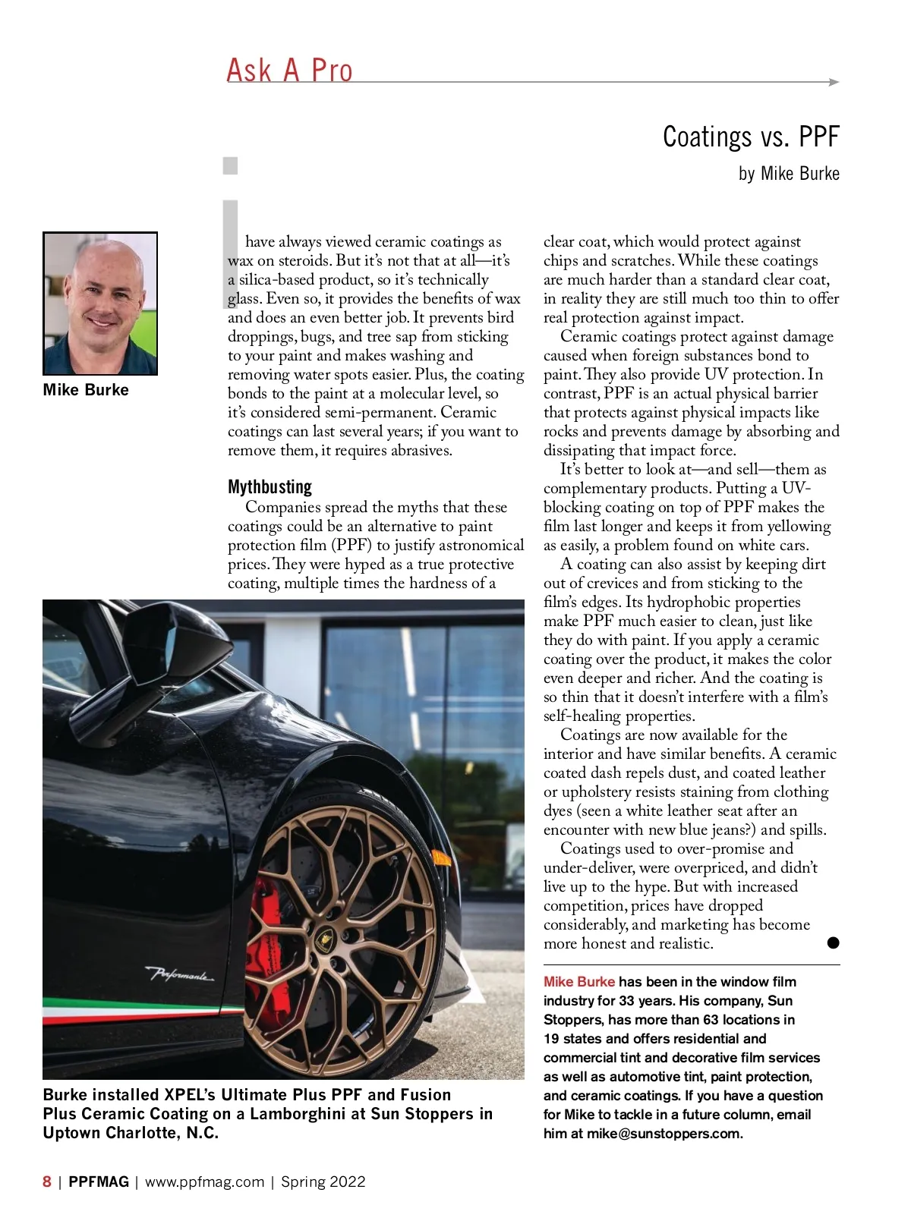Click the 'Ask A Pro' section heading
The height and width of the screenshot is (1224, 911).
click(289, 71)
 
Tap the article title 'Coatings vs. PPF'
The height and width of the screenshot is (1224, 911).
click(750, 137)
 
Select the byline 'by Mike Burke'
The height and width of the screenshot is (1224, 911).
click(788, 174)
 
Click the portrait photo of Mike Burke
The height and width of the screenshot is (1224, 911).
click(100, 304)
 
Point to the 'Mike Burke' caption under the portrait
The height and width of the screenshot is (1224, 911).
click(86, 390)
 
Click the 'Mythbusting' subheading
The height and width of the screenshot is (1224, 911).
click(270, 486)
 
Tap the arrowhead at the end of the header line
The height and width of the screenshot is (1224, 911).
click(834, 82)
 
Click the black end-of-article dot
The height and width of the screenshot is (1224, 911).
click(833, 943)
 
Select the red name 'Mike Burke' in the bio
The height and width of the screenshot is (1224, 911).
click(578, 982)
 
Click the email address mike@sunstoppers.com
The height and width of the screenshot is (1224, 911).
click(664, 1134)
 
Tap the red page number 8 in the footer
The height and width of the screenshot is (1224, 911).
click(47, 1182)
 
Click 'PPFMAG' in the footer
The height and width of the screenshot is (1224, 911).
click(99, 1182)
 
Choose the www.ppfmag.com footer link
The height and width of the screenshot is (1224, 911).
click(204, 1182)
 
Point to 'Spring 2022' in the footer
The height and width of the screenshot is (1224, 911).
click(323, 1182)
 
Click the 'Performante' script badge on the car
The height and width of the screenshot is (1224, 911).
click(180, 974)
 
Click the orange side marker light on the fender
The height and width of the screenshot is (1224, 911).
click(441, 858)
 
